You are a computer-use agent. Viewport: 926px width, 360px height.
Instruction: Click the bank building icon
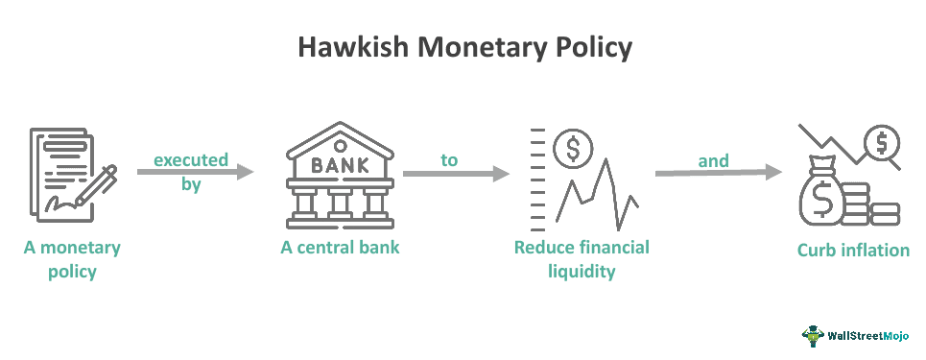[340, 173]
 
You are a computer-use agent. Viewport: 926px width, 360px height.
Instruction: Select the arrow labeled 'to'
[455, 174]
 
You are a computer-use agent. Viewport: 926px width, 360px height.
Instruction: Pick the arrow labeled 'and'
[718, 174]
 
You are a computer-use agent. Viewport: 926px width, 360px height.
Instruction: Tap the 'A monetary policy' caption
[73, 259]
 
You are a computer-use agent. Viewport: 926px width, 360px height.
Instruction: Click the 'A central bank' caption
[340, 248]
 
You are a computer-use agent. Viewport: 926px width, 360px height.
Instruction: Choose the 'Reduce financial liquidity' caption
[582, 259]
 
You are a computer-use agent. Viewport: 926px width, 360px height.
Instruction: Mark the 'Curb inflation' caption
[853, 251]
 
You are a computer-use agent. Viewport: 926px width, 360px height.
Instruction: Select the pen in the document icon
[96, 186]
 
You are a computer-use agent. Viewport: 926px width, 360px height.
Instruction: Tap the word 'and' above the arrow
[714, 160]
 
